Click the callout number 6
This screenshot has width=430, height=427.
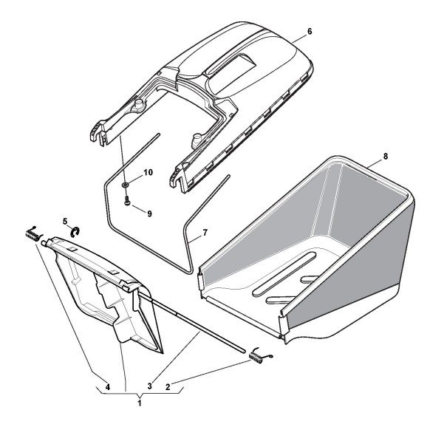point(310,32)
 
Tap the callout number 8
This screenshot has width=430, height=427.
point(386,157)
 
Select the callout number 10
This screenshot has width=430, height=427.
point(148,173)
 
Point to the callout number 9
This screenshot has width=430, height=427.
point(149,213)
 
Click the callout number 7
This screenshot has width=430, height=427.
point(205,233)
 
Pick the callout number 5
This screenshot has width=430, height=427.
point(65,221)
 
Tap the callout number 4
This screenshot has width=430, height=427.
point(108,387)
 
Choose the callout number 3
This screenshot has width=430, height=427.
point(149,386)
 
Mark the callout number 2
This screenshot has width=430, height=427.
point(168,387)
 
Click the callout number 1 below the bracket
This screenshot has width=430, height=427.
point(140,403)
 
